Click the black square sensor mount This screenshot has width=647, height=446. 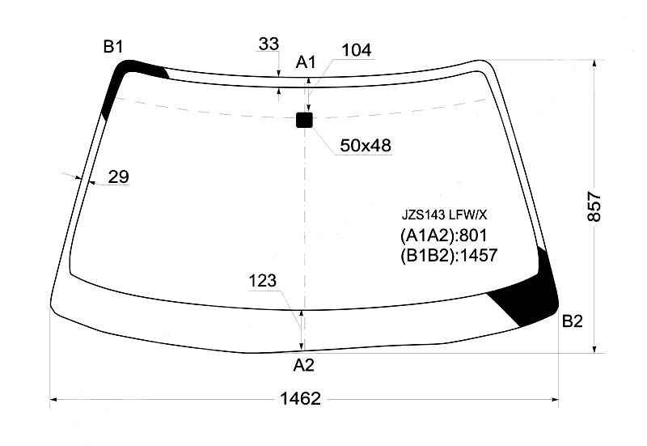coord(305,120)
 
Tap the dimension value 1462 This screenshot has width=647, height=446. coord(300,399)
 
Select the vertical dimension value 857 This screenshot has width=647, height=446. coord(594,206)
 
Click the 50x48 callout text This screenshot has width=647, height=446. coord(366,146)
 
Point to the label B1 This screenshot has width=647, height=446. coord(113,47)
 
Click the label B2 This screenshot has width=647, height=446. coord(573,321)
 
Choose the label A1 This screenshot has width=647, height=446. coord(306,62)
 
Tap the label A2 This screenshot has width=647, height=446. coord(304,365)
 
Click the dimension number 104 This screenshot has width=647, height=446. coord(357,50)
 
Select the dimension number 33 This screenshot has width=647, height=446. coord(269,44)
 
